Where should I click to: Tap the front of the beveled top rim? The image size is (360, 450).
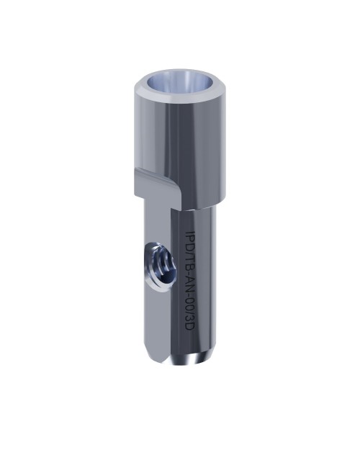click(x=181, y=94)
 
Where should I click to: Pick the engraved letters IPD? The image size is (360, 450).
click(x=189, y=240)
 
